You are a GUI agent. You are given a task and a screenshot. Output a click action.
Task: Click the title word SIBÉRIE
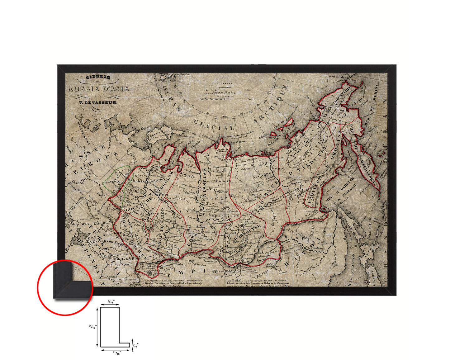click(98, 78)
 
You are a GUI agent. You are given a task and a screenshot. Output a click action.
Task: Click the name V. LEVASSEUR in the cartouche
click(97, 102)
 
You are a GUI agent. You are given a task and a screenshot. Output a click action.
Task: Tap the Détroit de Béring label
click(343, 77)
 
